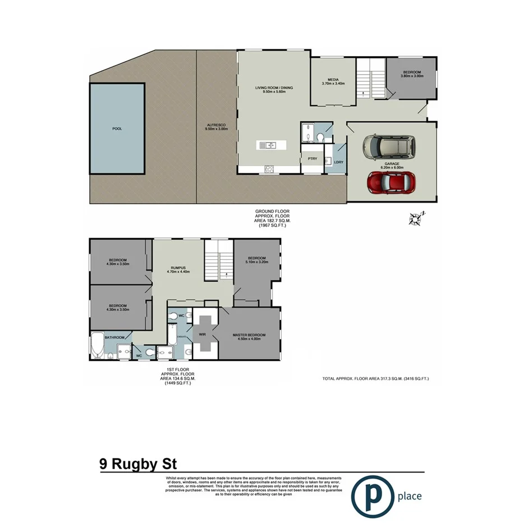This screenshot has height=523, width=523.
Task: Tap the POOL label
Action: (x=117, y=129)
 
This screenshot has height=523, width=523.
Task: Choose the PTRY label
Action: (x=313, y=159)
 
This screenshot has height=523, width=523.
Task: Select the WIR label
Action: (x=203, y=334)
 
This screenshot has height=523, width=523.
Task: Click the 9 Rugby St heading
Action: (x=137, y=464)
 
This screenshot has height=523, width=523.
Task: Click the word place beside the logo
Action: (x=409, y=496)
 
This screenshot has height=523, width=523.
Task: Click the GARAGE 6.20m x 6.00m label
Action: (x=392, y=166)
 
